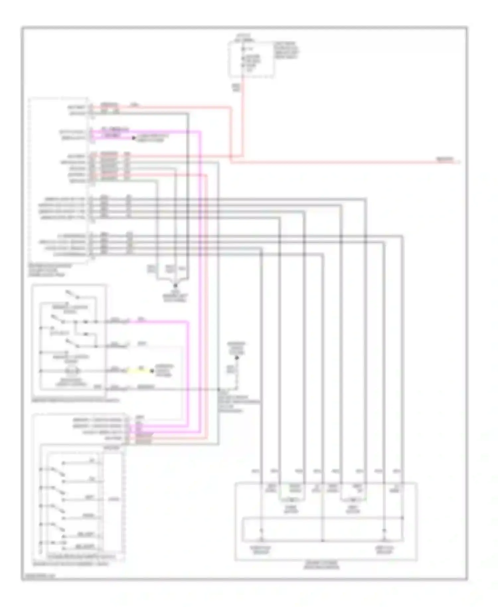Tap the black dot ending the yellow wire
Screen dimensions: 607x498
click(x=152, y=371)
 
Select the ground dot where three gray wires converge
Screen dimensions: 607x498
click(x=175, y=285)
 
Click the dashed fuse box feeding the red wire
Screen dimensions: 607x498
click(x=251, y=60)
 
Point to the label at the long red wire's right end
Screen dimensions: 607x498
click(x=445, y=160)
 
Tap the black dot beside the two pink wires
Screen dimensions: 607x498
click(x=134, y=138)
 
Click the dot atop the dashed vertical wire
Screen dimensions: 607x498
click(x=237, y=358)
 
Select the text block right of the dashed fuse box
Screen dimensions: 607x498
click(x=287, y=50)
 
